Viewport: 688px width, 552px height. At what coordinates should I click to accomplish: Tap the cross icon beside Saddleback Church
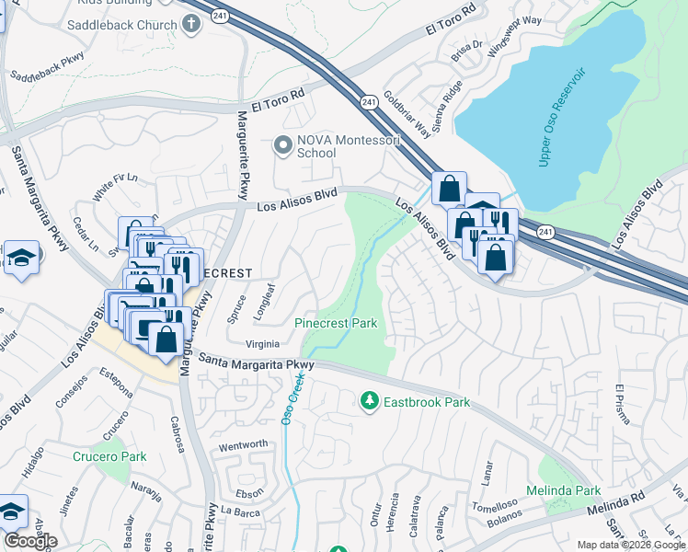click(191, 24)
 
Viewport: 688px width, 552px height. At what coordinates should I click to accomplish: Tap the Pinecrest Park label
click(336, 324)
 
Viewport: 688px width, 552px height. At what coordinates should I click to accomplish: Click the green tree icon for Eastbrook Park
click(369, 401)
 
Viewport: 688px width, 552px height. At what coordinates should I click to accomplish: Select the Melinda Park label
click(563, 490)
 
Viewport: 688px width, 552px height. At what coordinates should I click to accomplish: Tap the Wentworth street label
click(243, 444)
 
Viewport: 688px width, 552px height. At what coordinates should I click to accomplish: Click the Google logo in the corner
click(30, 541)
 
